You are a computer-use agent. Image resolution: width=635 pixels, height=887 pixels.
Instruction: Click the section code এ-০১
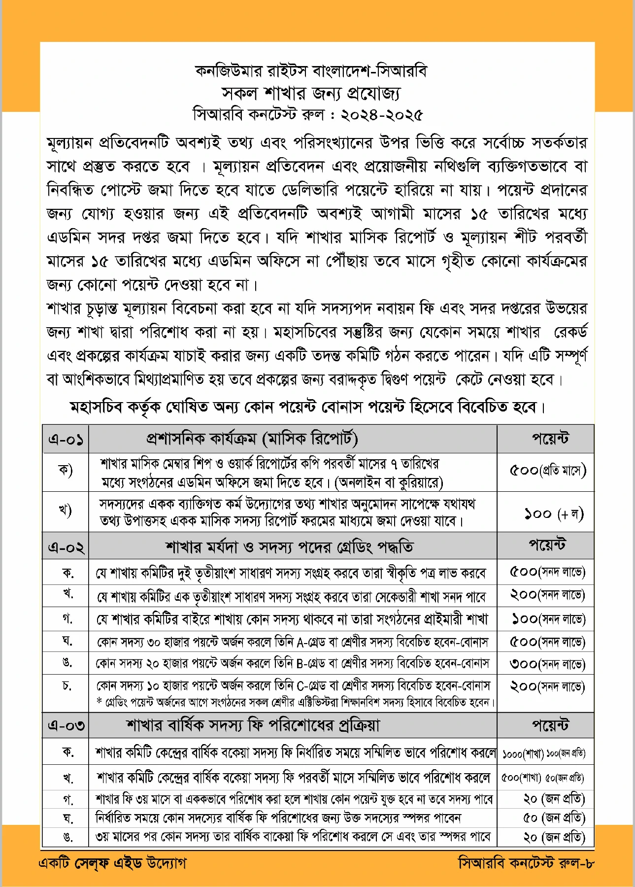pos(66,439)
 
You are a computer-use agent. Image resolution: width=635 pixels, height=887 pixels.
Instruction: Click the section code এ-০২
pos(66,546)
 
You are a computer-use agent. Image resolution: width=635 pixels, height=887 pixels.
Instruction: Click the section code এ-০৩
pos(66,725)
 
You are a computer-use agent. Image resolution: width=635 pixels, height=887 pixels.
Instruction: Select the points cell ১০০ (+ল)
pos(553,514)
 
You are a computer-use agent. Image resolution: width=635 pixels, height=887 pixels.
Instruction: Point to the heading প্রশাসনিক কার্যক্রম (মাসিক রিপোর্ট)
pos(252,438)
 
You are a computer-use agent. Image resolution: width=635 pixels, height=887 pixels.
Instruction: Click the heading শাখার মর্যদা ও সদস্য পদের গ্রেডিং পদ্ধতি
pos(289,546)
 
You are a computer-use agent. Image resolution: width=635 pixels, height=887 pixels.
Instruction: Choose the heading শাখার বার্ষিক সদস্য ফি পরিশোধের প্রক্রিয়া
pos(253,725)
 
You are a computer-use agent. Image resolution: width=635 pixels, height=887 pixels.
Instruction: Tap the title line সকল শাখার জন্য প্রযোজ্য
pos(311,93)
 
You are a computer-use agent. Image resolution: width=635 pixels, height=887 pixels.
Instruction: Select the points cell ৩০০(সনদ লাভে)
pos(547,664)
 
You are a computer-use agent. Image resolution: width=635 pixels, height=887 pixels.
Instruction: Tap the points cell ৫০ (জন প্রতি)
pos(554,818)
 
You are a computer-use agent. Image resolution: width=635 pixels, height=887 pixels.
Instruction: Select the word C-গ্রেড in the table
pos(313,685)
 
